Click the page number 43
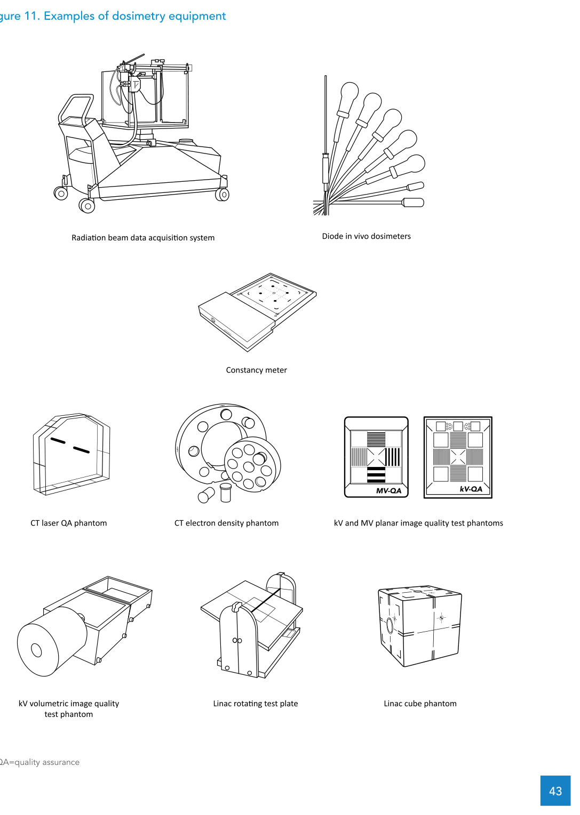(x=555, y=791)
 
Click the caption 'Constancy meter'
(x=256, y=370)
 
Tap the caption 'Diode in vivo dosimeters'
(x=366, y=236)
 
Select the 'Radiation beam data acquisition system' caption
(x=143, y=238)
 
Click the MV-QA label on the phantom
(x=388, y=490)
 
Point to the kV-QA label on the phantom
(x=471, y=489)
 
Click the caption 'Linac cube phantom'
(x=420, y=704)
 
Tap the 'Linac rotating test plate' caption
(x=255, y=704)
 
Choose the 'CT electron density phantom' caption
(x=226, y=523)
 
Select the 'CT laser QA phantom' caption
(x=68, y=523)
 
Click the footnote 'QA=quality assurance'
(x=39, y=762)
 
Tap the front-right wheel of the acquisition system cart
(x=223, y=195)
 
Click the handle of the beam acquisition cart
(x=76, y=107)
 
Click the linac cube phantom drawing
(x=420, y=626)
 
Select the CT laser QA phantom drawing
(x=71, y=454)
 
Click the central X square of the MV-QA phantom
(x=376, y=457)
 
